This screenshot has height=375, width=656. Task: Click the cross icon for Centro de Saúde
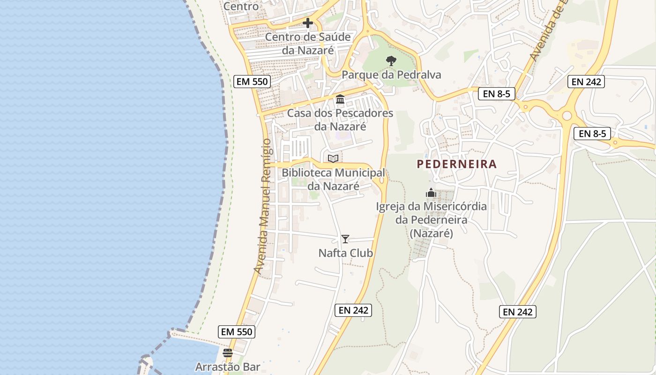coord(308,22)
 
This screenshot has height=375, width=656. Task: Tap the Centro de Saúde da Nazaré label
coord(308,43)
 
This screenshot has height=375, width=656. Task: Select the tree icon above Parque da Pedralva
coord(391,60)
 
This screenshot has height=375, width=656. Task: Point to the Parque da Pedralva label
coord(391,75)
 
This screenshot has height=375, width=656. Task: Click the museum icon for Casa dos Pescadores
coord(340,99)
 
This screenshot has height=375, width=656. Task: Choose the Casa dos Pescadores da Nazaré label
coord(340,120)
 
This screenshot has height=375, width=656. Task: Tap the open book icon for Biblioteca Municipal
coord(333,158)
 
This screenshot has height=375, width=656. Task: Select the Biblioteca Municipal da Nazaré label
coord(333,179)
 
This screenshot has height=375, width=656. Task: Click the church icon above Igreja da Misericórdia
coord(431,193)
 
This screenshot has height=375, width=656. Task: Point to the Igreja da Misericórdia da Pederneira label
coord(432,219)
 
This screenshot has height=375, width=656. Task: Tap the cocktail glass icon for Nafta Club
coord(345,239)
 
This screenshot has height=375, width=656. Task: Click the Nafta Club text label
coord(346,253)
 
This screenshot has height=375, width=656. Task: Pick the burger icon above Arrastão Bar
coord(228,353)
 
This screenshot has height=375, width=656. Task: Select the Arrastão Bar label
coord(228,367)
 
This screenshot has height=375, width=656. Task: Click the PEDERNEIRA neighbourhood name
coord(456,164)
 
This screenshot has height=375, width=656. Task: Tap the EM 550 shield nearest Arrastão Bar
coord(237,332)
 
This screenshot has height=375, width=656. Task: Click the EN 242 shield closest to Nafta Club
coord(354,310)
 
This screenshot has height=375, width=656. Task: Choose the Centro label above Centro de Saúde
coord(241,7)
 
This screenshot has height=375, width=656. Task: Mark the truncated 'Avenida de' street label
coord(547,31)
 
